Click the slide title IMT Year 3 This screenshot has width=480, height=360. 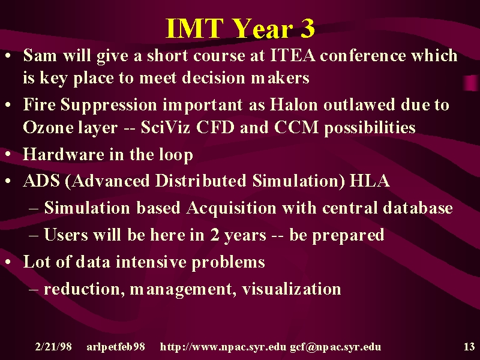pyautogui.click(x=240, y=28)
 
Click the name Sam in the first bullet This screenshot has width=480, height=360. pyautogui.click(x=40, y=55)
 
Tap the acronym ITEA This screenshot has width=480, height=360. pyautogui.click(x=292, y=55)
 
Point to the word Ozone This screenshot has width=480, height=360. pyautogui.click(x=47, y=127)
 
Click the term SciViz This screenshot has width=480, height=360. pyautogui.click(x=166, y=127)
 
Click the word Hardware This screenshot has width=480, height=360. pyautogui.click(x=64, y=154)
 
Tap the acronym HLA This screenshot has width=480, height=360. pyautogui.click(x=370, y=181)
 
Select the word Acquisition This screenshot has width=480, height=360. pyautogui.click(x=232, y=208)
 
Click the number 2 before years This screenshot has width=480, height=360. pyautogui.click(x=215, y=235)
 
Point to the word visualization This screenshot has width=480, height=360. pyautogui.click(x=291, y=289)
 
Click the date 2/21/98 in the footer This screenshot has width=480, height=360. pyautogui.click(x=53, y=347)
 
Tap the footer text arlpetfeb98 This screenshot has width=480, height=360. pyautogui.click(x=116, y=347)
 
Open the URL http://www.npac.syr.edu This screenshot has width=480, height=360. pyautogui.click(x=223, y=347)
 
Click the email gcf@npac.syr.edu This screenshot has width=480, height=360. pyautogui.click(x=335, y=347)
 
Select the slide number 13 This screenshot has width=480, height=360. pyautogui.click(x=469, y=347)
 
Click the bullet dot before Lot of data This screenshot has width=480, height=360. pyautogui.click(x=8, y=262)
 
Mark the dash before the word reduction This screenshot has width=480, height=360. pyautogui.click(x=34, y=290)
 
